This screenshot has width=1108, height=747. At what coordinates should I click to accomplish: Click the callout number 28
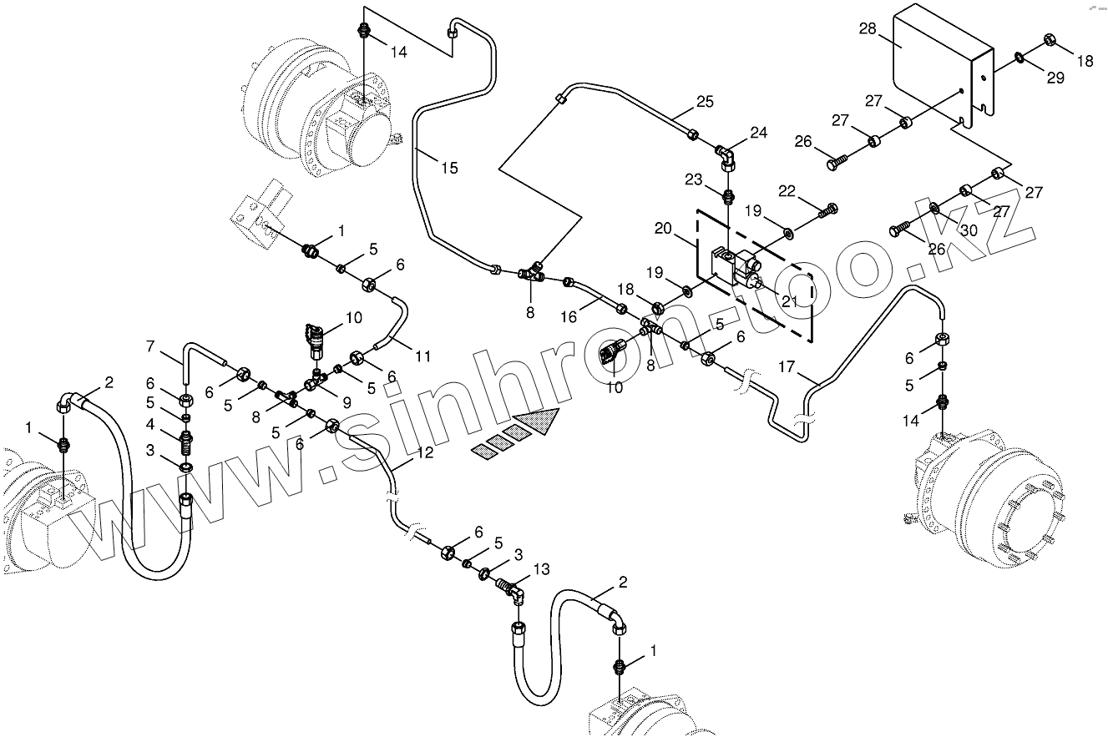coord(867,30)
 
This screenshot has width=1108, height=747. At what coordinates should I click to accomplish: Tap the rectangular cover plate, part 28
coord(935,63)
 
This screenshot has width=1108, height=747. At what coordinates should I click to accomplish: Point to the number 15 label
coord(449,169)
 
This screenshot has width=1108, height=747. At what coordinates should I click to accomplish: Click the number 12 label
coord(425,452)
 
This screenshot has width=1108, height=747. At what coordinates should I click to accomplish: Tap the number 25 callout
coord(706,103)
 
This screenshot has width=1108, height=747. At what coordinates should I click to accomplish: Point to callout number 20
coord(663,229)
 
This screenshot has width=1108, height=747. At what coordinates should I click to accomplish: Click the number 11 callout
coord(423,356)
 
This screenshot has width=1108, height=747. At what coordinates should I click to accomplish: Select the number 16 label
coord(569,317)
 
